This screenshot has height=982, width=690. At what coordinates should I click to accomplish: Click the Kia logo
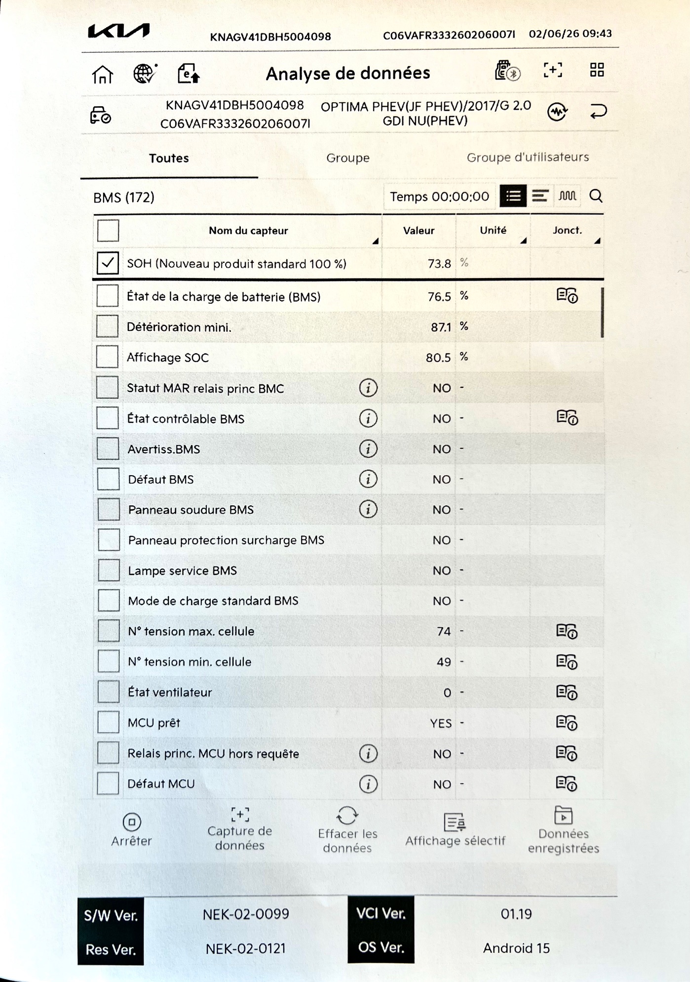pos(118,31)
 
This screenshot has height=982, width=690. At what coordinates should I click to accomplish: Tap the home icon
pos(103,75)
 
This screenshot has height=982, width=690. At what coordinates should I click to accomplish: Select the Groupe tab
pos(347,158)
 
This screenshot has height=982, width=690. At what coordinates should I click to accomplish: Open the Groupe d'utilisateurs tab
pos(528,157)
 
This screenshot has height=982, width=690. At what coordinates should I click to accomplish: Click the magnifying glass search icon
pos(596,196)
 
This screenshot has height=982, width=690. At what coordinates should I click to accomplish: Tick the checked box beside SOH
pos(108,263)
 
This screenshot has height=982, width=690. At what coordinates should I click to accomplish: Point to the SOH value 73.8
pos(439,264)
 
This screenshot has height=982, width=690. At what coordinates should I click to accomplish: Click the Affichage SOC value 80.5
pos(438,358)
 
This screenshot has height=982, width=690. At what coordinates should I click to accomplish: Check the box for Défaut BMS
pos(108,479)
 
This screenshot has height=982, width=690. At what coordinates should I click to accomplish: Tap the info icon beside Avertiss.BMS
pos(368,449)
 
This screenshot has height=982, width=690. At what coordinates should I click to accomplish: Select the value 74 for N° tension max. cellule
pos(443,631)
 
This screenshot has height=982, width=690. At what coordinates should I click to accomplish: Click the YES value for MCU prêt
pos(440,723)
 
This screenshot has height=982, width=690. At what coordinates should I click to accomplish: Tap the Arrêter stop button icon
pos(132,822)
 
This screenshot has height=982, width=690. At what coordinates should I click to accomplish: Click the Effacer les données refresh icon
pos(347,816)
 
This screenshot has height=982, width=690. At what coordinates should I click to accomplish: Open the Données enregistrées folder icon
pos(563,816)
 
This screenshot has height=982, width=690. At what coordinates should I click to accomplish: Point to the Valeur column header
pos(419,231)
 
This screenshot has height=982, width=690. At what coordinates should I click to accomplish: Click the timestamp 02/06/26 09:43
pos(570,34)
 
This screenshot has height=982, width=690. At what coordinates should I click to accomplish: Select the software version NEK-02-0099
pos(246,914)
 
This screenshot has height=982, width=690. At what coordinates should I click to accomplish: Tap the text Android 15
pos(516,948)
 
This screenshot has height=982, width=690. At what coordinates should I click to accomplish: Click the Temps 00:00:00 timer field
pos(439,197)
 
